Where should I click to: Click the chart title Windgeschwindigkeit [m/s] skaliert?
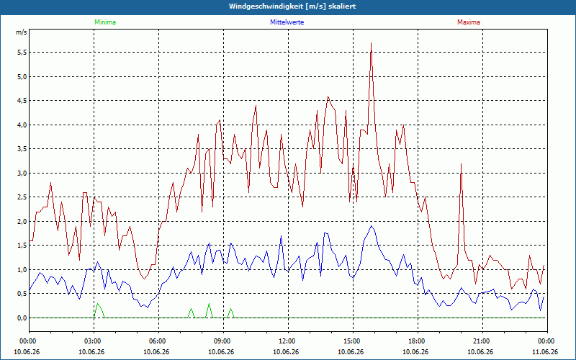click(x=292, y=6)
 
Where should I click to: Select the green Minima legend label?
click(x=105, y=22)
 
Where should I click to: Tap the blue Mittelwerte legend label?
click(x=287, y=22)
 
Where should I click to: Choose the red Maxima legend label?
click(x=469, y=22)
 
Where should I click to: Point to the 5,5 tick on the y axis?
click(x=22, y=53)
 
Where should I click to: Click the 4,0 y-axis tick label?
click(x=22, y=125)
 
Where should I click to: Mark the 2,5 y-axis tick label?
click(x=22, y=197)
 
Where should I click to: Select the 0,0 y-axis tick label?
click(x=22, y=318)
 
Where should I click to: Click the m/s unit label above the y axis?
click(x=22, y=32)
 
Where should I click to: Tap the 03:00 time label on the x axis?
click(x=94, y=341)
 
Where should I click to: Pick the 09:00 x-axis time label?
click(x=224, y=341)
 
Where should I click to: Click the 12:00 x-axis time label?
click(x=289, y=341)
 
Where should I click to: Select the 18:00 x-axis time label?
click(x=418, y=341)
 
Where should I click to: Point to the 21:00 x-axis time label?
click(x=482, y=341)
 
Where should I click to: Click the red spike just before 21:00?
click(x=461, y=164)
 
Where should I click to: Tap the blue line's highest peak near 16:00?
click(x=372, y=226)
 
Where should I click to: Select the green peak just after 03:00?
click(x=97, y=304)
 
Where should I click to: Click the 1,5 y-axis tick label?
click(x=22, y=246)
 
